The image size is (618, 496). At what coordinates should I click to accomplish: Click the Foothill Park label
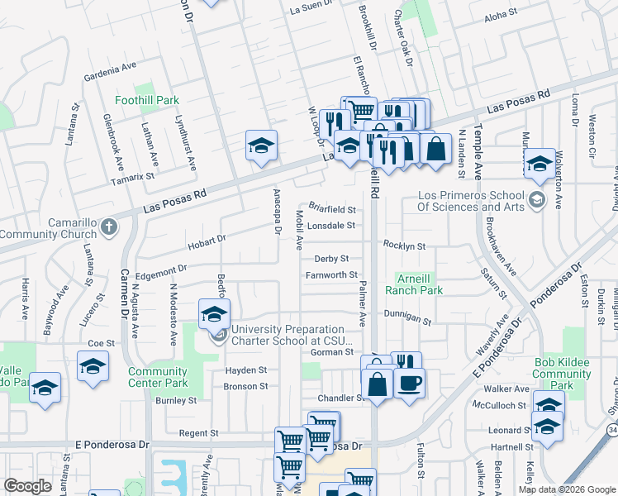click(x=146, y=100)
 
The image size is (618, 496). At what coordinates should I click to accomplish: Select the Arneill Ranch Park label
click(x=419, y=284)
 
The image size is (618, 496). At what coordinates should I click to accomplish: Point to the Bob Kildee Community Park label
click(x=561, y=374)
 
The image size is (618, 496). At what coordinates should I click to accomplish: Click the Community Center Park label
click(x=158, y=377)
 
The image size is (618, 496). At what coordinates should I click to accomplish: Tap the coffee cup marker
click(x=409, y=383)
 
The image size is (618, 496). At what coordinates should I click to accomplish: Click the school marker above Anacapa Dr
click(x=261, y=146)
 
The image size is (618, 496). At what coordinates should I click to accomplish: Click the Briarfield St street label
click(x=331, y=210)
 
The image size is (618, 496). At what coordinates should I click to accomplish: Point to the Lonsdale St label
click(x=330, y=225)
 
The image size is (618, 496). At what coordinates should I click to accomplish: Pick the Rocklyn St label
click(x=403, y=246)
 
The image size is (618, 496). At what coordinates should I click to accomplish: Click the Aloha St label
click(x=500, y=14)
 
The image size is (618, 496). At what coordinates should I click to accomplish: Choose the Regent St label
click(x=198, y=432)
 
